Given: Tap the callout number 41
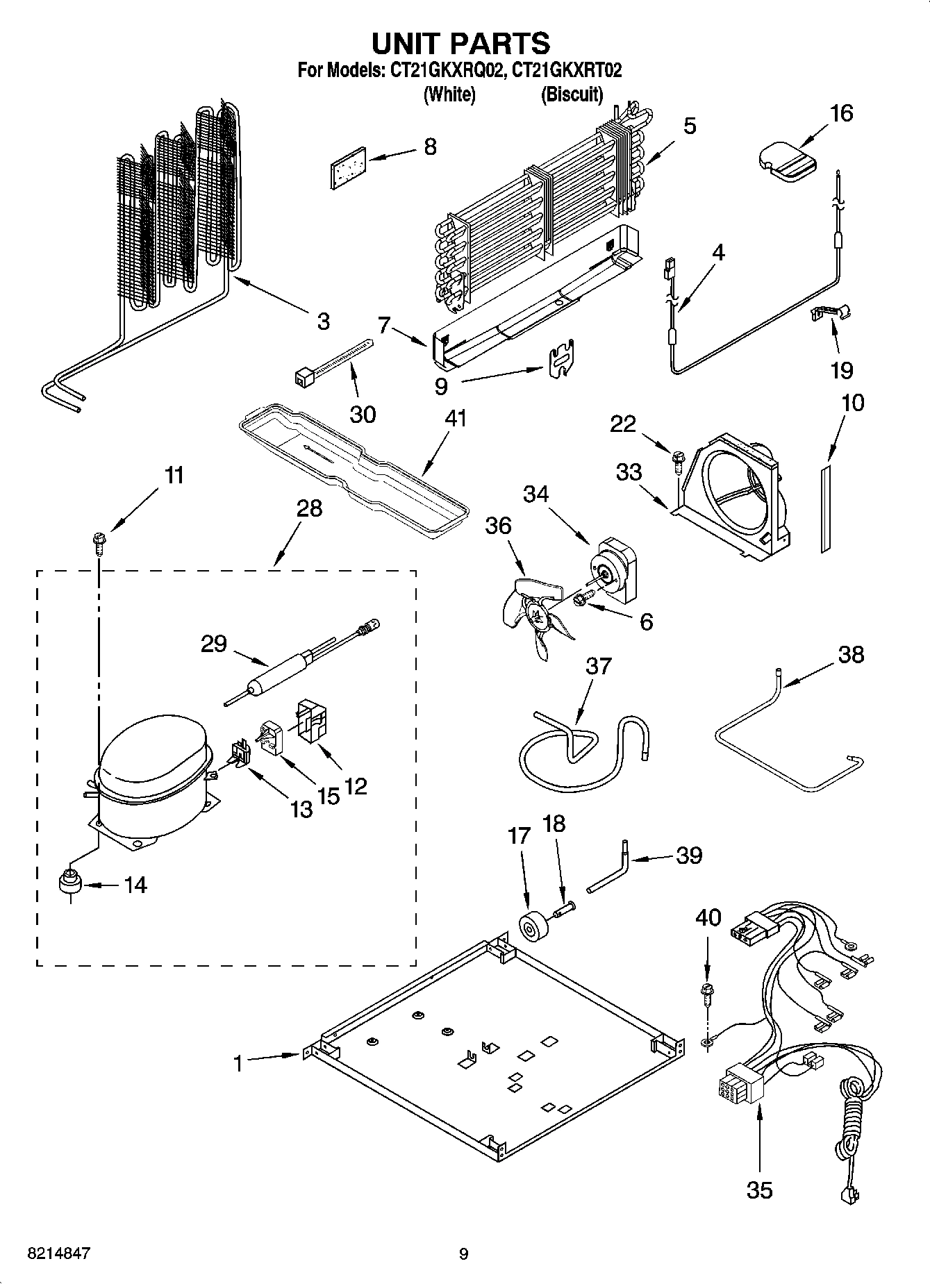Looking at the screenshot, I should [x=456, y=419].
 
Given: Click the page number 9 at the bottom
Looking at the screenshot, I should [x=463, y=1253].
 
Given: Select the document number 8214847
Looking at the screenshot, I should [x=58, y=1253].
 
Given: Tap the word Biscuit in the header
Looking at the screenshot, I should [x=571, y=94].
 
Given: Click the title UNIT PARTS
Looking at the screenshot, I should [x=460, y=43].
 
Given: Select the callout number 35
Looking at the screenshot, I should [x=759, y=1190].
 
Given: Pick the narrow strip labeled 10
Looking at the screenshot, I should [x=825, y=509].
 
